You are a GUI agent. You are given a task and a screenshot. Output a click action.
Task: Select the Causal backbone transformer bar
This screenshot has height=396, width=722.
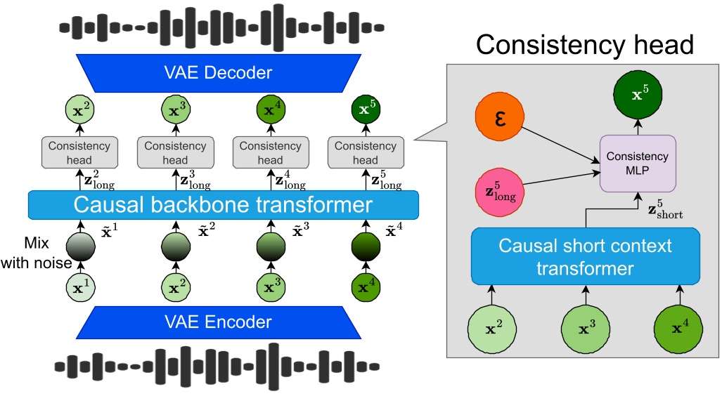(223, 205)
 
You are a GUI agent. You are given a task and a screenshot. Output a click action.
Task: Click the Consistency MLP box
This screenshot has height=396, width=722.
(638, 164)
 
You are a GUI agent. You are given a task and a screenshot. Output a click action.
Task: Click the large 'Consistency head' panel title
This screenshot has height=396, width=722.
(584, 46)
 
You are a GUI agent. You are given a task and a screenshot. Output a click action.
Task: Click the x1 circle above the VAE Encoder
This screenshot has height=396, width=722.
(80, 288)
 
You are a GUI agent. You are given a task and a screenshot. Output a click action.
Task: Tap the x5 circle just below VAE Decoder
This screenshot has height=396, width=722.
(365, 110)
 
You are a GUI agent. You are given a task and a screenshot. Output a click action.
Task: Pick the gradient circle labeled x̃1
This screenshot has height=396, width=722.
(80, 246)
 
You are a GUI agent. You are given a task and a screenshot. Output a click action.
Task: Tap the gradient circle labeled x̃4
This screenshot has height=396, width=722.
(365, 246)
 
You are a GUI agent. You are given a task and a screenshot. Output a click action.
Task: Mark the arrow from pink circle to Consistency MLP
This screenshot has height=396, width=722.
(562, 180)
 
